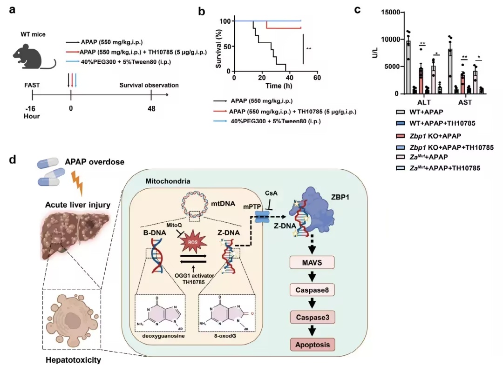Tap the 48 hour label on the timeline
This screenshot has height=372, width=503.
pos(151,109)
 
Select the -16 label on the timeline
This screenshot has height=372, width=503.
pos(30,109)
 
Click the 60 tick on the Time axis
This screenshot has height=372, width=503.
pos(317,78)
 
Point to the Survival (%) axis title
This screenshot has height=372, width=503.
pos(218,49)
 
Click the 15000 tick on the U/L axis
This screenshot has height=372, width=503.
pos(390,12)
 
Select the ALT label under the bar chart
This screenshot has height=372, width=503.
pos(424,102)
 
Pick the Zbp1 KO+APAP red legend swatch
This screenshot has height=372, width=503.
pos(400,136)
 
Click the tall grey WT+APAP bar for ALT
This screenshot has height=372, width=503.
pos(408,67)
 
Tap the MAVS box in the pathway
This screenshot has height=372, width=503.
pos(312,263)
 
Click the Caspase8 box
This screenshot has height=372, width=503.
pos(312,290)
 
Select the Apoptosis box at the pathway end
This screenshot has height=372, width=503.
pos(313,345)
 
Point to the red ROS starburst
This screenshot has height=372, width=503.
pos(193,242)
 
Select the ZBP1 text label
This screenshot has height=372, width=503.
pos(340,197)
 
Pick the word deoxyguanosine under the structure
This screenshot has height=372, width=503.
pos(159,336)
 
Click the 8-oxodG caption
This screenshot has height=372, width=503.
pos(223,336)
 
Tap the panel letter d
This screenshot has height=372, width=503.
pos(13,159)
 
